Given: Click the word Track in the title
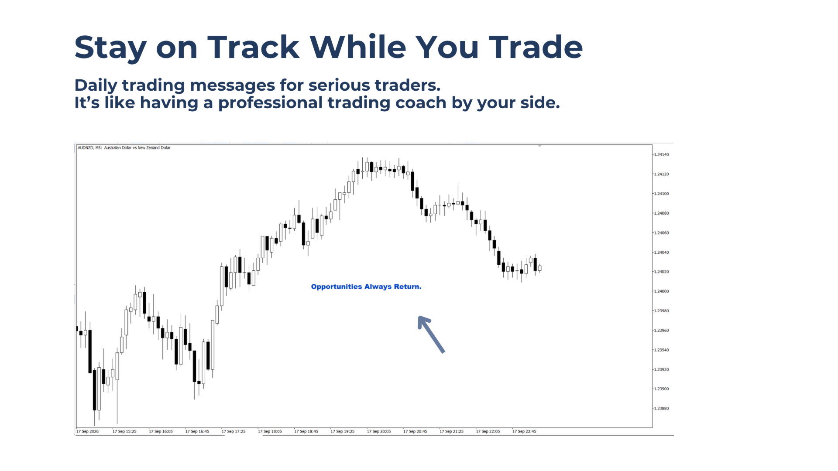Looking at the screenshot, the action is (x=253, y=47).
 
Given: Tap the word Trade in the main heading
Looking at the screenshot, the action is (x=536, y=47).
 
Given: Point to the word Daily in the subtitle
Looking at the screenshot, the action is (x=96, y=85).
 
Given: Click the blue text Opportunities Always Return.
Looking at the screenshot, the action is (x=366, y=287).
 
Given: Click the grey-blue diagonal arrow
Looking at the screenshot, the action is (x=431, y=334).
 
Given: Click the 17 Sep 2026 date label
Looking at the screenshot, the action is (x=87, y=431).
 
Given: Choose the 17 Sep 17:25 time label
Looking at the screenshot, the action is (x=234, y=431).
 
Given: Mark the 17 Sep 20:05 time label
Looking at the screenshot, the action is (x=379, y=431).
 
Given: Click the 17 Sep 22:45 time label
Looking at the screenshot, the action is (x=524, y=431).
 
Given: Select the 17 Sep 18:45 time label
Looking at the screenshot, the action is (x=306, y=431).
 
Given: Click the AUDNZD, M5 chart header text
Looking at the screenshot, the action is (x=124, y=148).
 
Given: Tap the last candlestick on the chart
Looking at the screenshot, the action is (x=540, y=268).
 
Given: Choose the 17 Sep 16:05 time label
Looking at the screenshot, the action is (x=161, y=431).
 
